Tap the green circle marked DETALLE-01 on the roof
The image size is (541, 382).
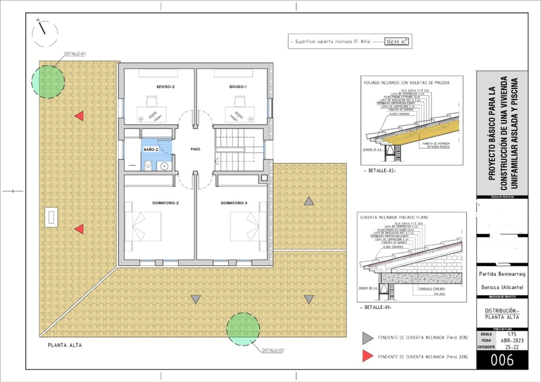pos(48,80)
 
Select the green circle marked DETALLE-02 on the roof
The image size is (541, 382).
pos(243,329)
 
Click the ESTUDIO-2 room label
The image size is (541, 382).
pos(166,87)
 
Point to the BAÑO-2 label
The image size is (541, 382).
pos(151,149)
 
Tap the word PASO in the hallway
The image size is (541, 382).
pos(195,149)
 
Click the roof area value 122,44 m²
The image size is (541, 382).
pos(397,42)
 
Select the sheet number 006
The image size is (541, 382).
pos(502,361)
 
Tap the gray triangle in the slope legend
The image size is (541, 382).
pos(367,338)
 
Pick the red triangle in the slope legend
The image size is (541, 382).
pos(367,356)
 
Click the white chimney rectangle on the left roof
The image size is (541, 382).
pos(51,217)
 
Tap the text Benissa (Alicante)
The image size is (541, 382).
pos(502,287)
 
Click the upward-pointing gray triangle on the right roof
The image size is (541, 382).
pos(309,201)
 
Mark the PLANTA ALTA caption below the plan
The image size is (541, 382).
pos(65,345)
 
